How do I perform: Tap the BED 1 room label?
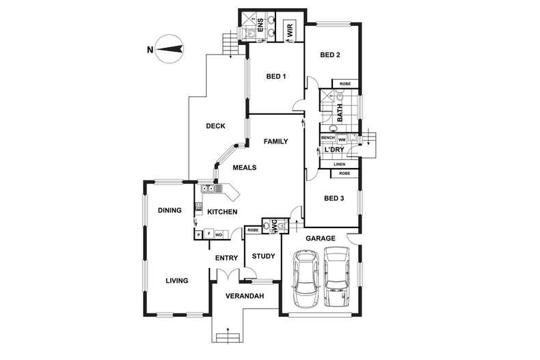click(x=275, y=77)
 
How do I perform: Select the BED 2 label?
click(x=331, y=55)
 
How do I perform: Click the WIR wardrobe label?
click(x=290, y=30)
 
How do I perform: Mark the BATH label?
click(x=338, y=109)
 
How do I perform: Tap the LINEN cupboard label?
click(x=340, y=165)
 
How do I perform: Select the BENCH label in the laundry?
click(x=328, y=139)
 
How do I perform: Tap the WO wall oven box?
click(x=219, y=234)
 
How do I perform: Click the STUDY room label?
click(x=263, y=257)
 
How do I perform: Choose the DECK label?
click(x=217, y=126)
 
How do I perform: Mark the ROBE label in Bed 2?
click(x=345, y=84)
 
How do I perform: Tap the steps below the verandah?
click(x=228, y=336)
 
